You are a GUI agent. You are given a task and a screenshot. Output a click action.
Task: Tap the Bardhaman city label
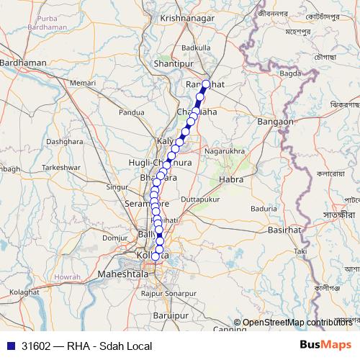pos(24,63)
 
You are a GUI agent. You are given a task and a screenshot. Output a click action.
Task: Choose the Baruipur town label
pos(171,315)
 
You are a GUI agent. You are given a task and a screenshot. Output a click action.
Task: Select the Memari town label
pos(83,84)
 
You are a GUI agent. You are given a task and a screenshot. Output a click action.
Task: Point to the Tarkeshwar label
pos(60,166)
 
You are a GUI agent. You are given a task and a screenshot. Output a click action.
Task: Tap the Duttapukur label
pos(199,197)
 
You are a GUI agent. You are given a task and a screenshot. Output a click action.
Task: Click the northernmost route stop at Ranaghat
pos(206,84)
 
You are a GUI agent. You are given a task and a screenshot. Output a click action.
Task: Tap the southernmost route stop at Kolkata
pos(156,256)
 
